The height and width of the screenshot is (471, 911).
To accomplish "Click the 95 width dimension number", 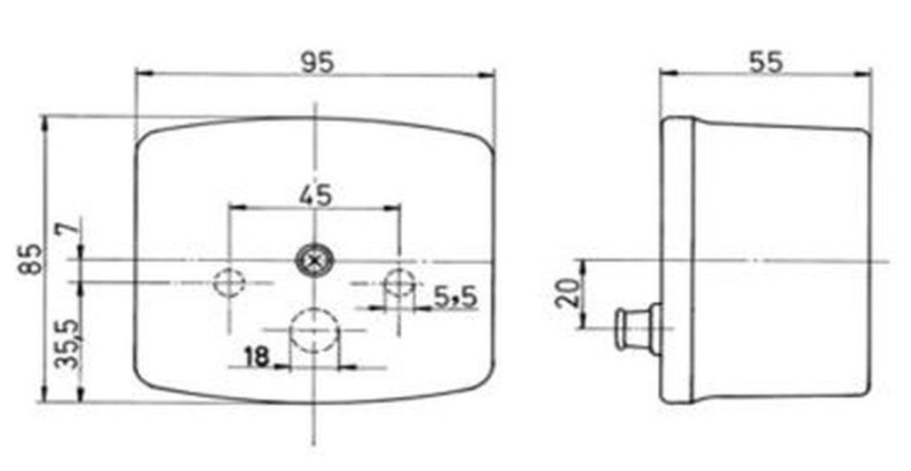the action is [318, 62].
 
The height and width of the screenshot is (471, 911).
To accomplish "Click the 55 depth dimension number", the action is [766, 62].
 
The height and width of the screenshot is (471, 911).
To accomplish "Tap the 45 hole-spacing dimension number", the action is [316, 196].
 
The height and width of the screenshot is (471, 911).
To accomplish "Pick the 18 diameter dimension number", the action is [257, 356].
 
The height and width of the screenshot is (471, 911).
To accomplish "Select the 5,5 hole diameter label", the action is [455, 298].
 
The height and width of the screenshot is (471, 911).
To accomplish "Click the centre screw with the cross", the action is [314, 261].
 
